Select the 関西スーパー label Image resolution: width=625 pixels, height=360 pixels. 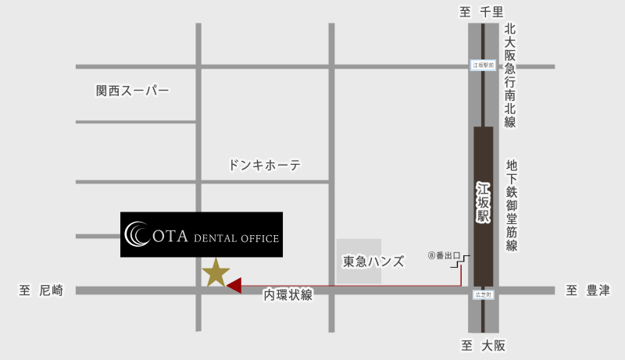click(132, 91)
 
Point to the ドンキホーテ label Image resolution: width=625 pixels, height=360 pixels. click(265, 166)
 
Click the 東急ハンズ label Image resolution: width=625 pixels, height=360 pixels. click(373, 262)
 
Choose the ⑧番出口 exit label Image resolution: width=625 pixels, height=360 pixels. click(445, 255)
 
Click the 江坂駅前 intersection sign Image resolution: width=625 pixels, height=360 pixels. click(484, 66)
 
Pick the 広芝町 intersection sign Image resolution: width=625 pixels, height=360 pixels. click(483, 295)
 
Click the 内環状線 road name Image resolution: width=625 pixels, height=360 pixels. click(288, 295)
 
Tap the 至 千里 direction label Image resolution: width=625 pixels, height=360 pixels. click(482, 11)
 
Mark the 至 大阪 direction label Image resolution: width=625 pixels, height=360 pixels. click(484, 346)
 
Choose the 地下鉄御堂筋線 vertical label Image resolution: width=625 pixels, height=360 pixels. click(512, 205)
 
